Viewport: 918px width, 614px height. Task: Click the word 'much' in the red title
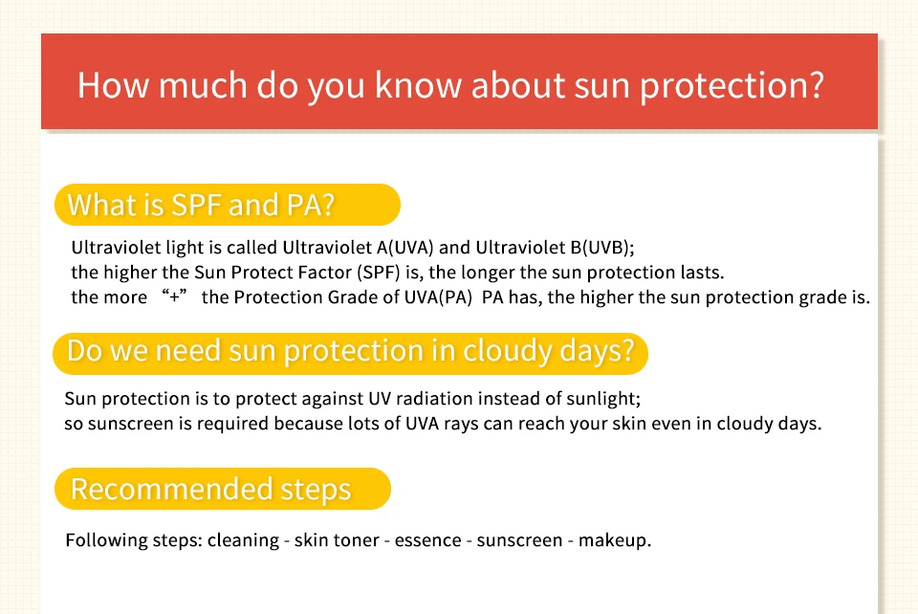pyautogui.click(x=203, y=85)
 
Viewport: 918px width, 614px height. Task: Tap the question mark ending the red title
pyautogui.click(x=816, y=84)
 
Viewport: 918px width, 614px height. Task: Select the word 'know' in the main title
pyautogui.click(x=419, y=85)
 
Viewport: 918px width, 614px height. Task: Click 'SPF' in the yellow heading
pyautogui.click(x=195, y=205)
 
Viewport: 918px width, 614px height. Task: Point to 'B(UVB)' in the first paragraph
pyautogui.click(x=601, y=248)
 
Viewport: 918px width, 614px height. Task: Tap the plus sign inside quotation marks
pyautogui.click(x=174, y=296)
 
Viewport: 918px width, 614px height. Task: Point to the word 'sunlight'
pyautogui.click(x=601, y=399)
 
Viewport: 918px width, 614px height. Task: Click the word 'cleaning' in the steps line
pyautogui.click(x=243, y=540)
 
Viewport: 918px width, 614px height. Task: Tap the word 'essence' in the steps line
pyautogui.click(x=428, y=540)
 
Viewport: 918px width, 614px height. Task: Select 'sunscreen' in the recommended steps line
pyautogui.click(x=519, y=540)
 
